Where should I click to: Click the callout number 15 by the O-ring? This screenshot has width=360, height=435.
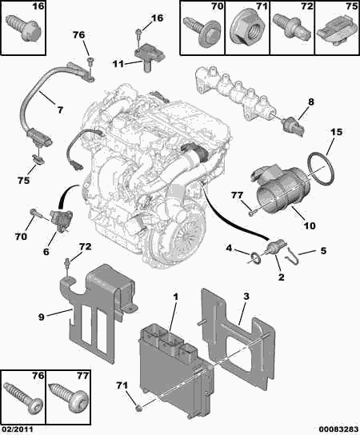[337, 132]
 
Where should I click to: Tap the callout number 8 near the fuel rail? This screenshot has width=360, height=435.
[311, 102]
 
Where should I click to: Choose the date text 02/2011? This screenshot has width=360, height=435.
[17, 429]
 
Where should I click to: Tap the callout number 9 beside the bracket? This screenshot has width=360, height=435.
[42, 317]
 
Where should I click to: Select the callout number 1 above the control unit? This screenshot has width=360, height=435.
[175, 297]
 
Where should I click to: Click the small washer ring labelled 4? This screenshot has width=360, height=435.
[256, 257]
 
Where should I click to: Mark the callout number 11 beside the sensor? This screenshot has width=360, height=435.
[118, 64]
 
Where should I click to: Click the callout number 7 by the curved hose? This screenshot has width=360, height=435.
[60, 110]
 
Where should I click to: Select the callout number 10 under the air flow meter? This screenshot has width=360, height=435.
[310, 225]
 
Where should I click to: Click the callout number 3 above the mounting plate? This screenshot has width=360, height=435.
[246, 297]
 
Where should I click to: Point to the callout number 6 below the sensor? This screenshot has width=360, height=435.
[46, 251]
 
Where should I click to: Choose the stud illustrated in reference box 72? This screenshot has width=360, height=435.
[291, 29]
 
